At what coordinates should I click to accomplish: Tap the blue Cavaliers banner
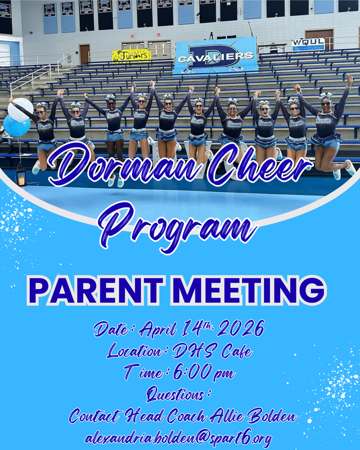coord(216,56)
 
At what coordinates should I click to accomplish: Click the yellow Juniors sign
coord(132,55)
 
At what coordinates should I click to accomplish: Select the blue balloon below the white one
coord(16,126)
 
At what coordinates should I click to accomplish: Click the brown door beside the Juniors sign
coord(84,54)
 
